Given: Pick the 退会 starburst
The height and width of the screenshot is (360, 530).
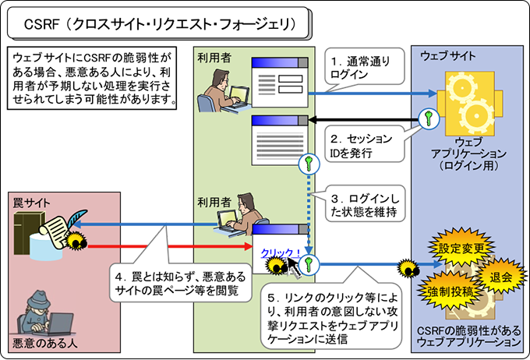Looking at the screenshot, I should [x=501, y=276].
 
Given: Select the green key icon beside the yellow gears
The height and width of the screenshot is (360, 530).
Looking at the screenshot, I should [x=427, y=118].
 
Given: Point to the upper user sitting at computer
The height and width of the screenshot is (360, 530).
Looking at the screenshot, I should [x=221, y=90].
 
